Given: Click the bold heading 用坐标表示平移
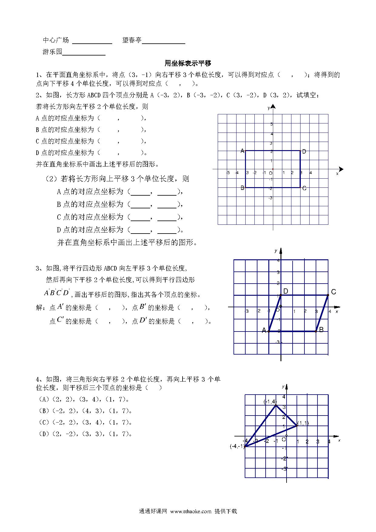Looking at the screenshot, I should pos(188,63).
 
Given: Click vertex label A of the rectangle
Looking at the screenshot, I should pos(242,151).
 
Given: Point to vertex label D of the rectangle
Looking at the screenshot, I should pos(304,152).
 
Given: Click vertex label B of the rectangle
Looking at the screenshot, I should pos(242,188).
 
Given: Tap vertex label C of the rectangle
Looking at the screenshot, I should pos(304,188).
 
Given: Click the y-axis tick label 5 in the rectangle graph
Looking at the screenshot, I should pos(272,124).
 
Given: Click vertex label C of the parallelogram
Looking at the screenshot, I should pos(334,292).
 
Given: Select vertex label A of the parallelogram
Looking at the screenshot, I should pos(264,330).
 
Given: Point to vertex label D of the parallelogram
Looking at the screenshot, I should pos(285,291).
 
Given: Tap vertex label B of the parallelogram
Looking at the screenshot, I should pos(321,330).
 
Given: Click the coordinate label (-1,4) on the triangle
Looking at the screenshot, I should pos(270,402).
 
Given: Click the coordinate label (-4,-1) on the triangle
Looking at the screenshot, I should pos(237,446).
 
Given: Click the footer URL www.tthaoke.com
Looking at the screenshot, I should pos(191,511).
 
